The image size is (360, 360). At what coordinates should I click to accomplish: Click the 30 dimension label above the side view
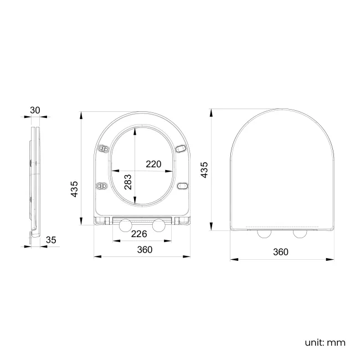click(x=35, y=110)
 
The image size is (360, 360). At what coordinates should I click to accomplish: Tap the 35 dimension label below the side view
click(x=51, y=240)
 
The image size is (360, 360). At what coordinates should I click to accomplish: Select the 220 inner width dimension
click(x=153, y=164)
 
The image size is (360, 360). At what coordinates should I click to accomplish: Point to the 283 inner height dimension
click(x=128, y=182)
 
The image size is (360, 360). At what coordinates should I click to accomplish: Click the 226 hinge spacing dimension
click(x=138, y=234)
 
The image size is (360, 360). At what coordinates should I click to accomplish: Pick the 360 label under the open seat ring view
click(x=144, y=250)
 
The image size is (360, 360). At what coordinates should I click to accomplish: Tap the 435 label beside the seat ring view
click(x=75, y=189)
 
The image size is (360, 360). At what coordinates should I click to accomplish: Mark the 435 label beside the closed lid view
click(x=204, y=170)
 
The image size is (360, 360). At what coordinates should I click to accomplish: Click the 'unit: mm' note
click(x=325, y=342)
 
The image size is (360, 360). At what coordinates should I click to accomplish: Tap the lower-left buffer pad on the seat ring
click(x=101, y=186)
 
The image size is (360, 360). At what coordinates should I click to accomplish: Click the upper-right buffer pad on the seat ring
click(x=181, y=148)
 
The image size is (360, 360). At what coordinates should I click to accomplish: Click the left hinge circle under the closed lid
click(x=264, y=233)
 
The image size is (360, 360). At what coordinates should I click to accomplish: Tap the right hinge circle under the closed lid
click(x=300, y=233)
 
